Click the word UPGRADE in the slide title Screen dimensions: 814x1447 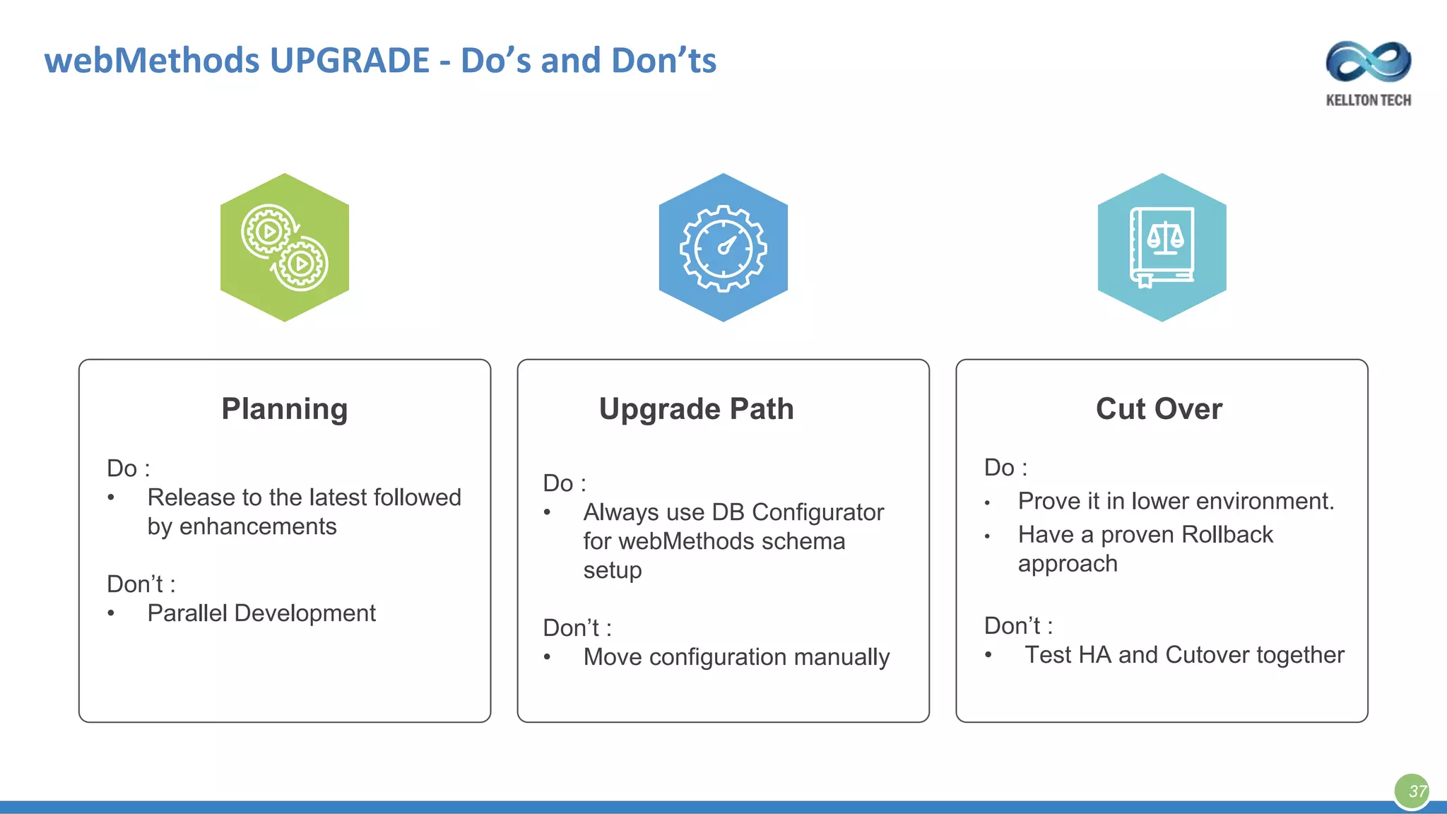tap(349, 61)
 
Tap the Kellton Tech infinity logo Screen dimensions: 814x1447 tap(1369, 62)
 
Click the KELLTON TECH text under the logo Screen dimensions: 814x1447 tap(1369, 100)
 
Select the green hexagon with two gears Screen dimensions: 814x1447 tap(285, 247)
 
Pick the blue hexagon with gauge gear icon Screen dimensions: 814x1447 tap(723, 247)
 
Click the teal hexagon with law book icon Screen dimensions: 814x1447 tap(1162, 247)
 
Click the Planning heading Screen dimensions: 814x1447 tap(284, 409)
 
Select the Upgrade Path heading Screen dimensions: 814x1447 tap(696, 409)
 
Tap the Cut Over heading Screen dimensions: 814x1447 tap(1159, 409)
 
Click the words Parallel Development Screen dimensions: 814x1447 tap(261, 613)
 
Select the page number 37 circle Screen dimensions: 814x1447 tap(1412, 791)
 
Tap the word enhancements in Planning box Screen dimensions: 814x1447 tap(257, 527)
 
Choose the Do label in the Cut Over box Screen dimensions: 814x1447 tap(1000, 468)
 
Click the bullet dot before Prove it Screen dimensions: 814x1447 tap(988, 504)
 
